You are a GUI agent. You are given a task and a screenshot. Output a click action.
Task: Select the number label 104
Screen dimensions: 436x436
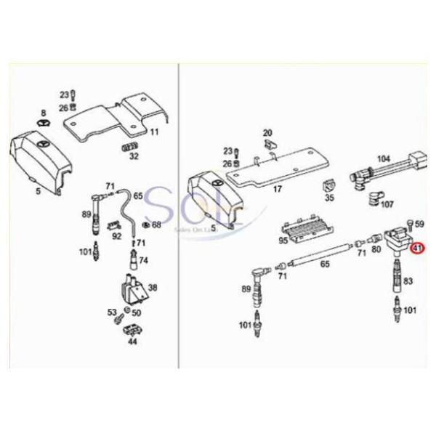click(384, 158)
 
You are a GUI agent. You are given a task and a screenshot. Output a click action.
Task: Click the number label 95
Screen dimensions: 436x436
click(283, 239)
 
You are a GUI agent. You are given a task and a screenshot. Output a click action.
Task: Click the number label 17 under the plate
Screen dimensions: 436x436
click(277, 190)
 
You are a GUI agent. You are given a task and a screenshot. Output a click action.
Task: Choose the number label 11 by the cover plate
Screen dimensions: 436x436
click(154, 132)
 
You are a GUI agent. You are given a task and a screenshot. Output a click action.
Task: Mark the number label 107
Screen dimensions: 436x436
click(387, 204)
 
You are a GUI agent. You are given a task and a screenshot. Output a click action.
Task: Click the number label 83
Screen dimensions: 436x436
click(408, 280)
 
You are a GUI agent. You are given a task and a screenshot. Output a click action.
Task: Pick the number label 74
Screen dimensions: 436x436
click(143, 260)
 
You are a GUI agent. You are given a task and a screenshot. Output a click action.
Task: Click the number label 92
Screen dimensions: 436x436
click(117, 236)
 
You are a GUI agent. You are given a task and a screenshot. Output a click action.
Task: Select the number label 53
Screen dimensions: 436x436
click(113, 312)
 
